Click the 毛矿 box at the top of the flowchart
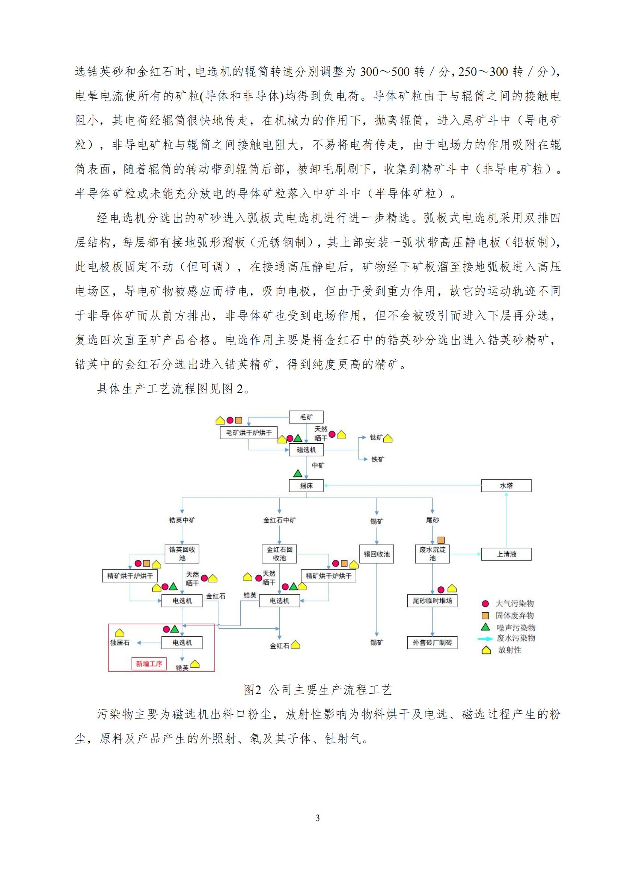pos(306,417)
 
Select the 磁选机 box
pos(306,450)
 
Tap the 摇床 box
pos(306,486)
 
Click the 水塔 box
pos(506,486)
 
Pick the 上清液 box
pos(506,554)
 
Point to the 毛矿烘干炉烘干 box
pos(249,432)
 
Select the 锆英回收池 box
pos(182,554)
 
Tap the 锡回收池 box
pos(376,554)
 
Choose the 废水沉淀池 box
pos(432,554)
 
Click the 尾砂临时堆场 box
pos(432,601)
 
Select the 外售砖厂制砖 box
pos(432,643)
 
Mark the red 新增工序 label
pos(149,663)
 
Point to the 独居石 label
pos(120,643)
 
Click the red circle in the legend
pos(485,604)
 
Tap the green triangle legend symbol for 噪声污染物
pos(485,627)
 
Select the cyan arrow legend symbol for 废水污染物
pos(485,639)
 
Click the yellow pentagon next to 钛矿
pos(388,438)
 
